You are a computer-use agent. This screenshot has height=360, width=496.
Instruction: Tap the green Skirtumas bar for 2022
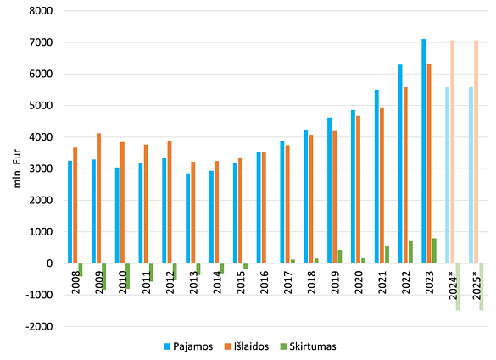pos(411,252)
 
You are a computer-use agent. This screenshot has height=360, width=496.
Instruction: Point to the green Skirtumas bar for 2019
pos(340,257)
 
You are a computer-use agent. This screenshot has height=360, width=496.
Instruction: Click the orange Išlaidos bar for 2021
pos(382,186)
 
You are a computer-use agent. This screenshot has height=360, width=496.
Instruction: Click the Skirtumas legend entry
pos(312,346)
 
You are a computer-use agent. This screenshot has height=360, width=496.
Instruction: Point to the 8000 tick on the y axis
pos(42,11)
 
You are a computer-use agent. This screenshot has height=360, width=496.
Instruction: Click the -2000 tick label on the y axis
pos(39,326)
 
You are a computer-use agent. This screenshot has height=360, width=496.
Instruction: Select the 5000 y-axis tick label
pos(42,106)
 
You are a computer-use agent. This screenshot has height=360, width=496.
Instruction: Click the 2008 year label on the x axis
pos(76,283)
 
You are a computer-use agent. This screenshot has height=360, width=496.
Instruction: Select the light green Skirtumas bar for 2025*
pos(482,286)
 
